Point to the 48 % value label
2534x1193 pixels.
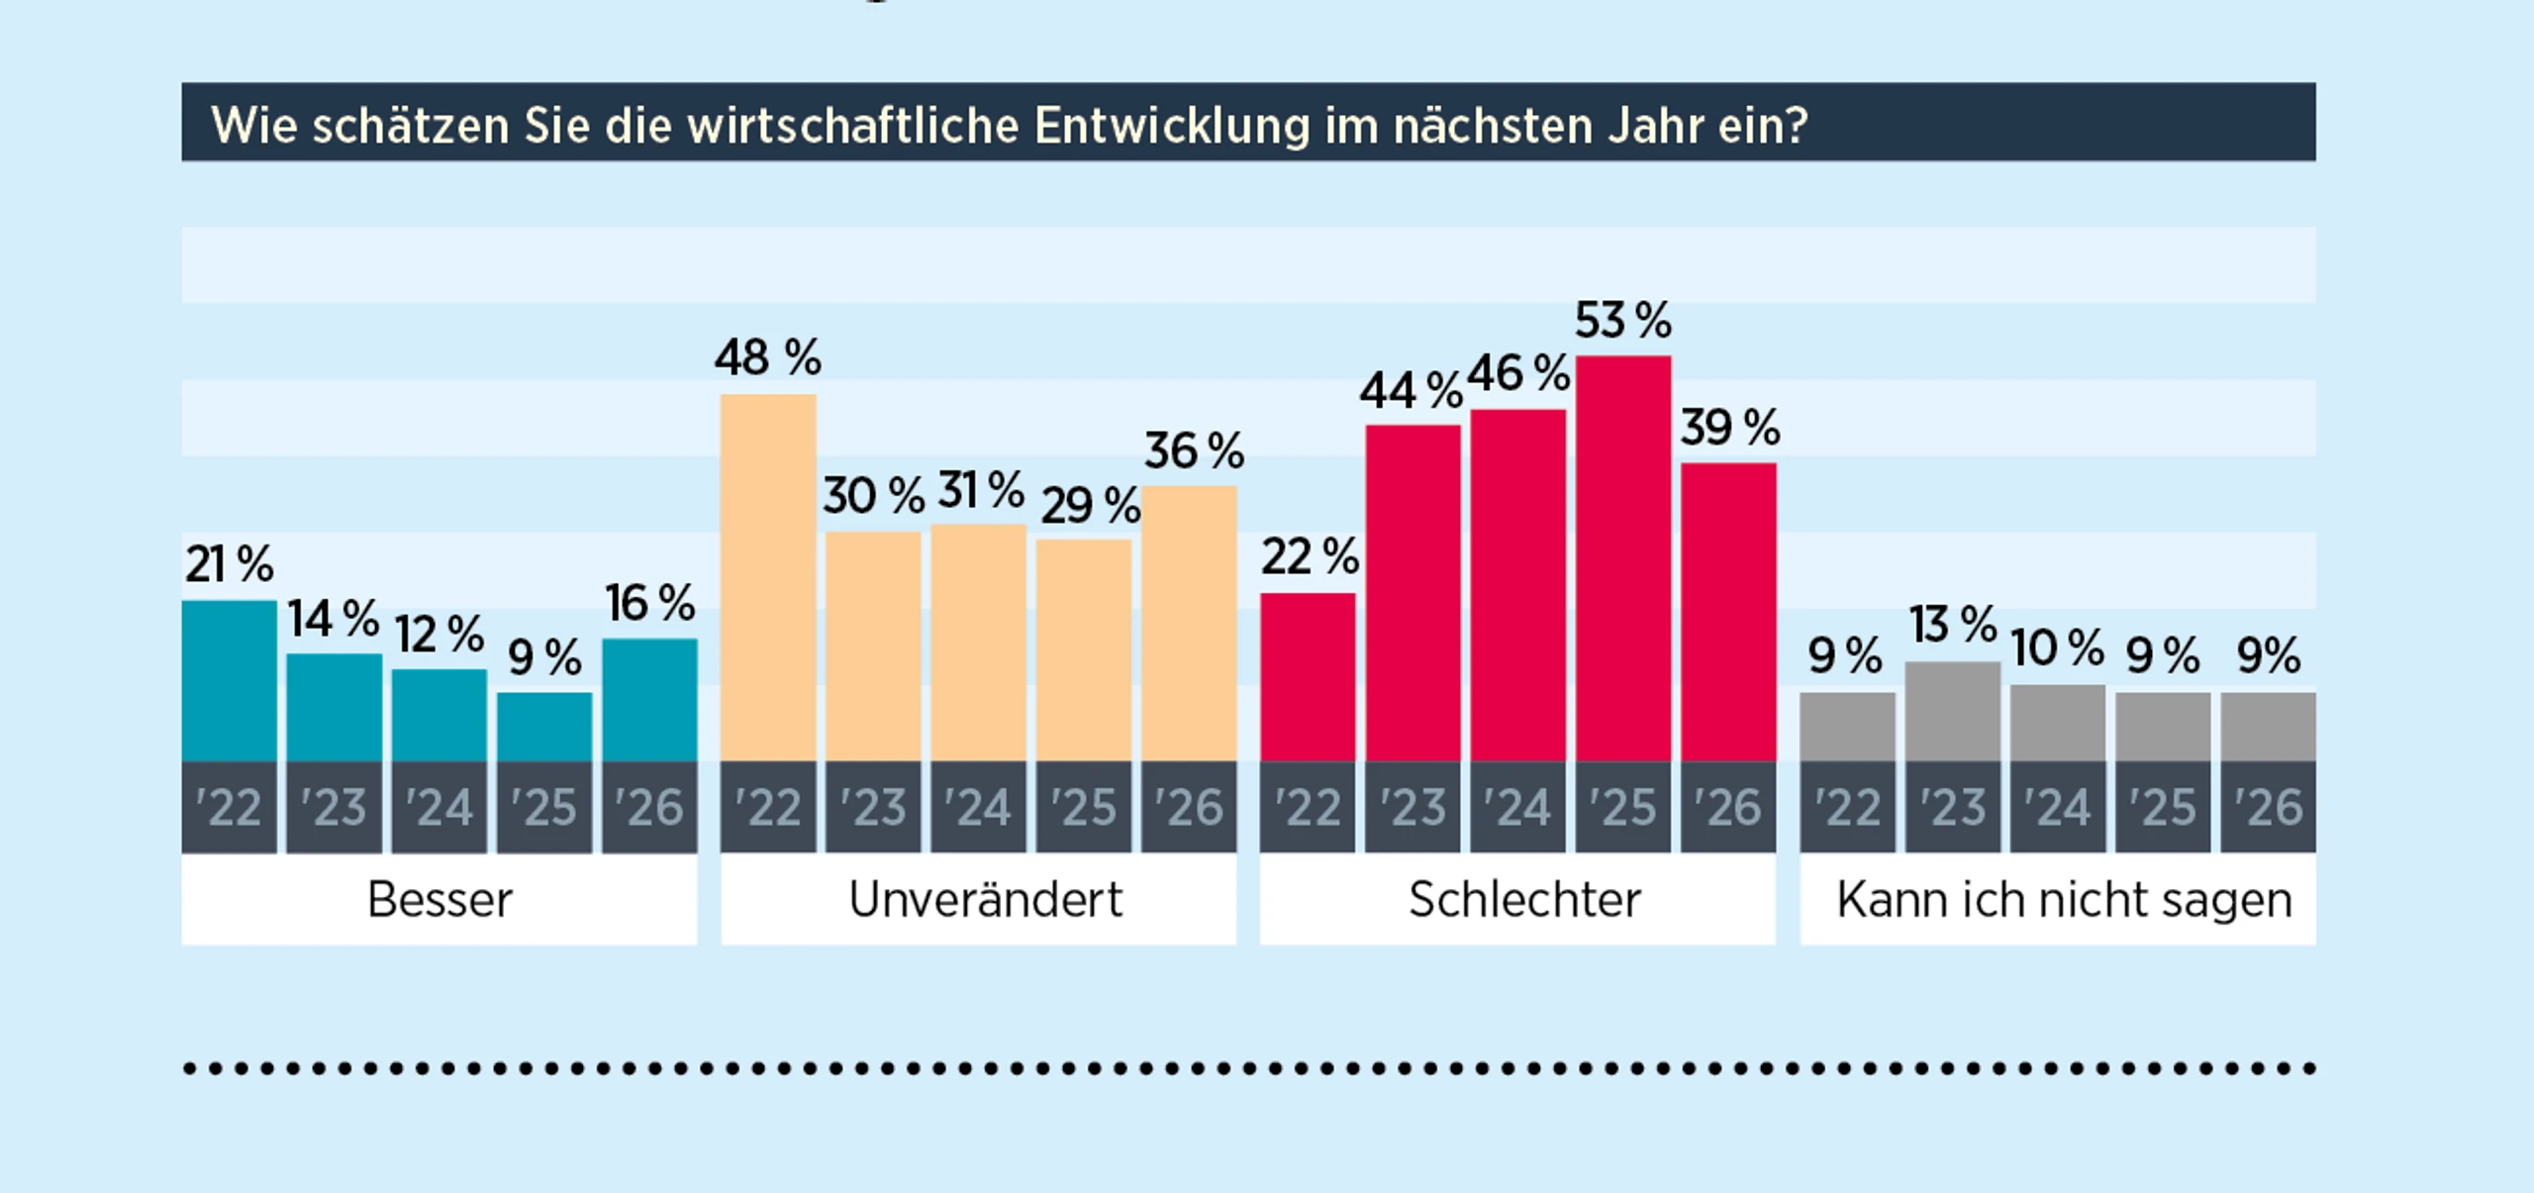tap(767, 357)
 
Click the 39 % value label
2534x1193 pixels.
tap(1729, 428)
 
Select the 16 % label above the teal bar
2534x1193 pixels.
tap(649, 603)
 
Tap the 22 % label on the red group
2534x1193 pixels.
tap(1309, 556)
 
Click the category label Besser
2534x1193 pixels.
tap(439, 900)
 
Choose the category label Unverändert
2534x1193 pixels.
tap(985, 900)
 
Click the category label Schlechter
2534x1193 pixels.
tap(1524, 900)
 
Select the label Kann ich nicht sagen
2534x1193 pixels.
tap(2064, 900)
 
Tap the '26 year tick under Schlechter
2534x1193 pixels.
tap(1728, 808)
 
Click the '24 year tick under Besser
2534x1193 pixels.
tap(439, 808)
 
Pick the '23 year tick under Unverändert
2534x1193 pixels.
tap(873, 808)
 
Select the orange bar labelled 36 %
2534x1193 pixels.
tap(1188, 623)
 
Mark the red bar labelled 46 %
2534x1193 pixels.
tap(1517, 584)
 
